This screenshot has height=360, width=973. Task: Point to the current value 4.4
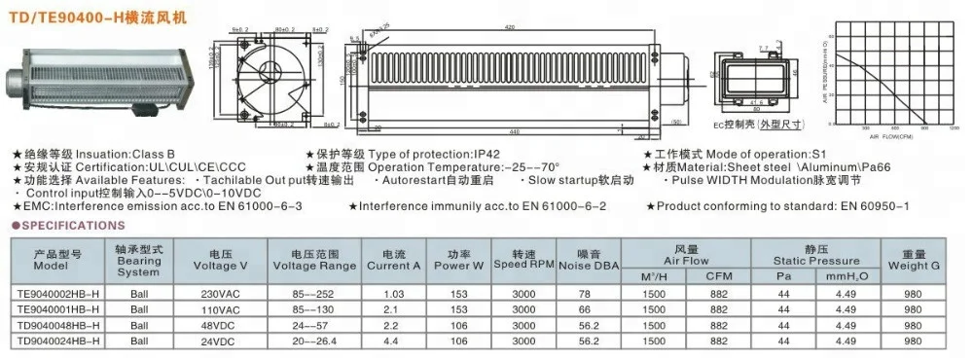(393, 342)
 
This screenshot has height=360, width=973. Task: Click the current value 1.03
(393, 292)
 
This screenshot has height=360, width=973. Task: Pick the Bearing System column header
(138, 259)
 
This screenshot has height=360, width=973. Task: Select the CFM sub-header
(719, 275)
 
